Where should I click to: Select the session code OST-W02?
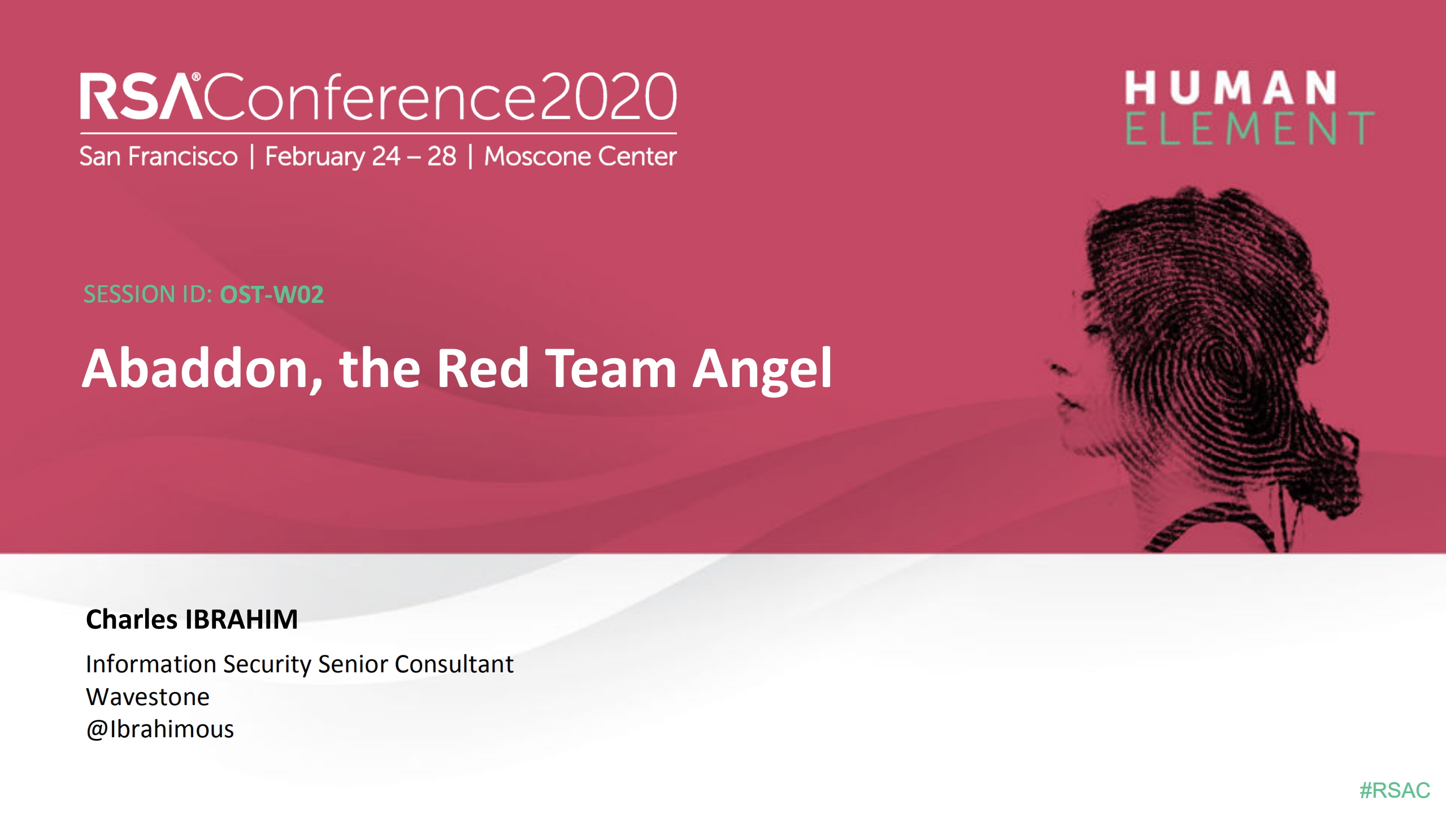[x=271, y=294]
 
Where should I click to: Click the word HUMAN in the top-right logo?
[x=1231, y=88]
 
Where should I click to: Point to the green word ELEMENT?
[x=1249, y=128]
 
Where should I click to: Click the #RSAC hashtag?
[x=1394, y=790]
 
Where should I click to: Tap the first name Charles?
[x=132, y=619]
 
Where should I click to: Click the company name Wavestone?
[x=147, y=697]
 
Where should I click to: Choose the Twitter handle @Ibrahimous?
[x=160, y=729]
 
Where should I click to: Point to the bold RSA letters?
[x=141, y=97]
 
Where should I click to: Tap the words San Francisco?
[x=159, y=156]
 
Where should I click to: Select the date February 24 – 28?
[x=361, y=156]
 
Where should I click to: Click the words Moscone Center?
[x=580, y=156]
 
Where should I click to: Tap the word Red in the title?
[x=482, y=369]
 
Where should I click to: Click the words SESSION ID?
[x=147, y=294]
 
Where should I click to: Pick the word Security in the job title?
[x=267, y=664]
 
